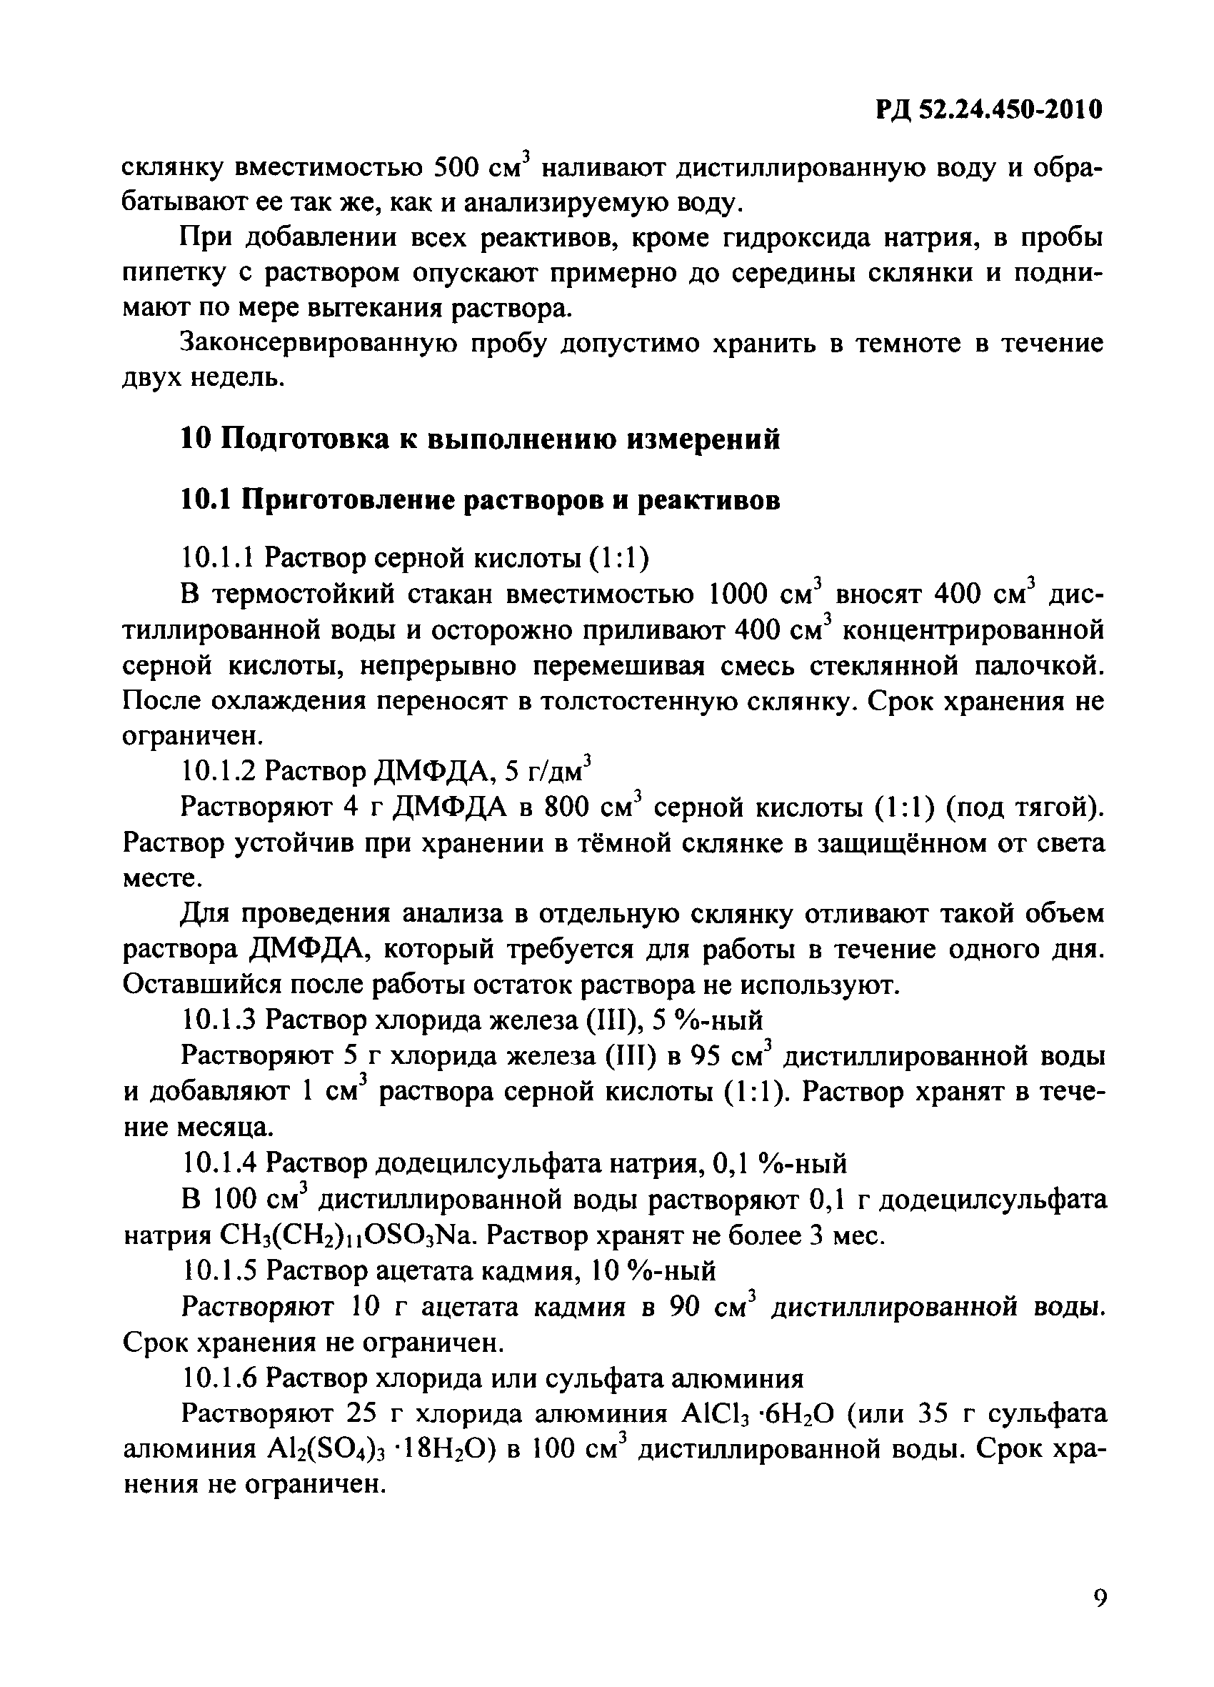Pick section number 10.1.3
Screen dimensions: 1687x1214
[219, 1020]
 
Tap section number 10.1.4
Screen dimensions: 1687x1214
[219, 1163]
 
